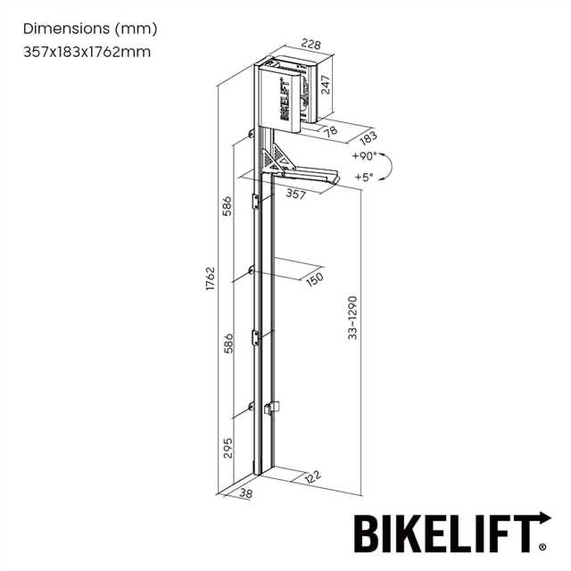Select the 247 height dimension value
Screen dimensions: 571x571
click(327, 86)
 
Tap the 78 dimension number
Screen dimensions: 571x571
click(330, 131)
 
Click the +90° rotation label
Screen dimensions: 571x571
click(363, 155)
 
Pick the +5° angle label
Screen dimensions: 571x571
click(363, 177)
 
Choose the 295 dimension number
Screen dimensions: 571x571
click(228, 448)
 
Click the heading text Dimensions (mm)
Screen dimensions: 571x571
click(89, 28)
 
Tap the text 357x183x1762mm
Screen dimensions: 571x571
click(87, 51)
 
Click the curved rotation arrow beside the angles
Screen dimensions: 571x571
click(388, 166)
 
